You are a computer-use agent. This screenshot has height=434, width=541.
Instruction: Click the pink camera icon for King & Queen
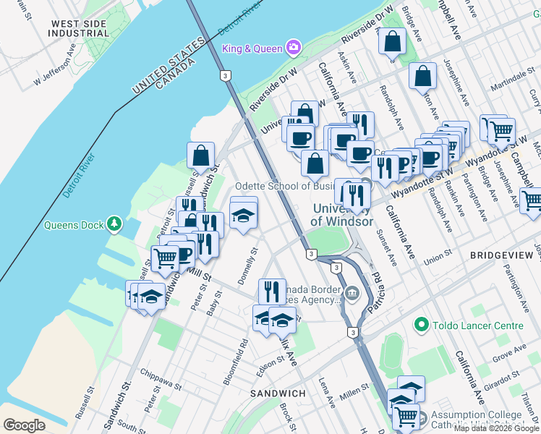(x=294, y=48)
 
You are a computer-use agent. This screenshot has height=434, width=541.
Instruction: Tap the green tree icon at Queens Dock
(x=114, y=225)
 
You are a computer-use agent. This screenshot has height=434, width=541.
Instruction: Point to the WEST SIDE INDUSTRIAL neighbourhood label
(x=79, y=29)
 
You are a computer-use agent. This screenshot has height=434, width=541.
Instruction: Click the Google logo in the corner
(x=24, y=425)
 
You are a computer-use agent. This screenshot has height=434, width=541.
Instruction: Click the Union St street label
(x=438, y=254)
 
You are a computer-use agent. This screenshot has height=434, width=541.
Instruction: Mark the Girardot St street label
(x=503, y=376)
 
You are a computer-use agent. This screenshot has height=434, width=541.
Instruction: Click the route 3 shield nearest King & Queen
(x=226, y=75)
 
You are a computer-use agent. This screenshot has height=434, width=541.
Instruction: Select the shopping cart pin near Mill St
(x=166, y=258)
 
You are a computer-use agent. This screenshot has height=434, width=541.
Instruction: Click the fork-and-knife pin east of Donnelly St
(x=272, y=292)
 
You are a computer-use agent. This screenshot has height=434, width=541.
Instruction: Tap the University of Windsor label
(x=342, y=215)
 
